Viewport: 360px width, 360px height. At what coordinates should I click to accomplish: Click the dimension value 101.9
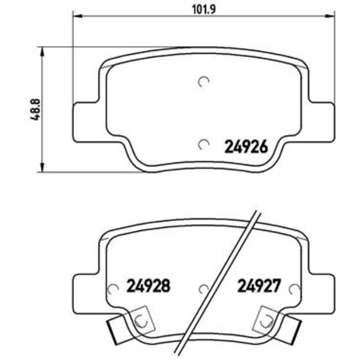point(202,9)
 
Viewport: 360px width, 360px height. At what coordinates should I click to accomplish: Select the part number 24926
point(246,147)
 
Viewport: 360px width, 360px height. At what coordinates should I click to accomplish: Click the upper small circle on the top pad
point(203,82)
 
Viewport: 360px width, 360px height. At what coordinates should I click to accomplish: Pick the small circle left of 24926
point(203,145)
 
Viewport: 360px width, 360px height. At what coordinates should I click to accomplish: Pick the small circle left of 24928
point(114,289)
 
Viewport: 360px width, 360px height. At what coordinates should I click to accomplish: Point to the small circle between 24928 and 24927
point(203,289)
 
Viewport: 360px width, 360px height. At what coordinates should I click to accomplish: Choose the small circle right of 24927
point(294,289)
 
